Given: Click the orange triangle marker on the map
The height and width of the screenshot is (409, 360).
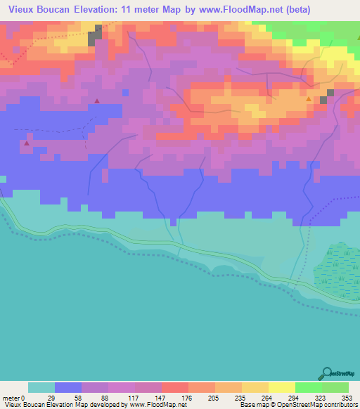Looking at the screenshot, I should click(309, 99).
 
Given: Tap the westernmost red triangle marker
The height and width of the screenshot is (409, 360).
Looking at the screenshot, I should click(27, 143).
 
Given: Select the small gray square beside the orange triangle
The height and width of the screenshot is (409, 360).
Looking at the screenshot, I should click(323, 100).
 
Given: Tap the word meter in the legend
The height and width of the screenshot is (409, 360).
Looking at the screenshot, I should click(10, 398).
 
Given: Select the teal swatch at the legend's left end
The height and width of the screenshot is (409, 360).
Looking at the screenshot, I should click(41, 387).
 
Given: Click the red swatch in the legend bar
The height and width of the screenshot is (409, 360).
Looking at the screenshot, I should click(174, 387).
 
